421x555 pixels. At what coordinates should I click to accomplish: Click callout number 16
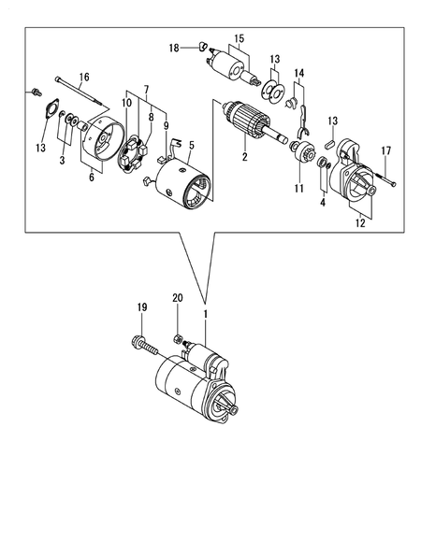[83, 77]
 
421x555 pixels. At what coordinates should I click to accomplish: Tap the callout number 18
[173, 47]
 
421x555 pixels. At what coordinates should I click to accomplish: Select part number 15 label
[238, 39]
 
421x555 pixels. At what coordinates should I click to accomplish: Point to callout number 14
[299, 73]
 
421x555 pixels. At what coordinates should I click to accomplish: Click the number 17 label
[385, 151]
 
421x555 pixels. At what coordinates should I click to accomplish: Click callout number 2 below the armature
[245, 158]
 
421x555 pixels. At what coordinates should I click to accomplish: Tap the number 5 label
[191, 145]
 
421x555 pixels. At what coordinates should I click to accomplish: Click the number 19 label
[142, 306]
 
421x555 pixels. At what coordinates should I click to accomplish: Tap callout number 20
[177, 299]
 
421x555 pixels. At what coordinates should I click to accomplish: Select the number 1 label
[206, 314]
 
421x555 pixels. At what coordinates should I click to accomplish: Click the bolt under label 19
[148, 345]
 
